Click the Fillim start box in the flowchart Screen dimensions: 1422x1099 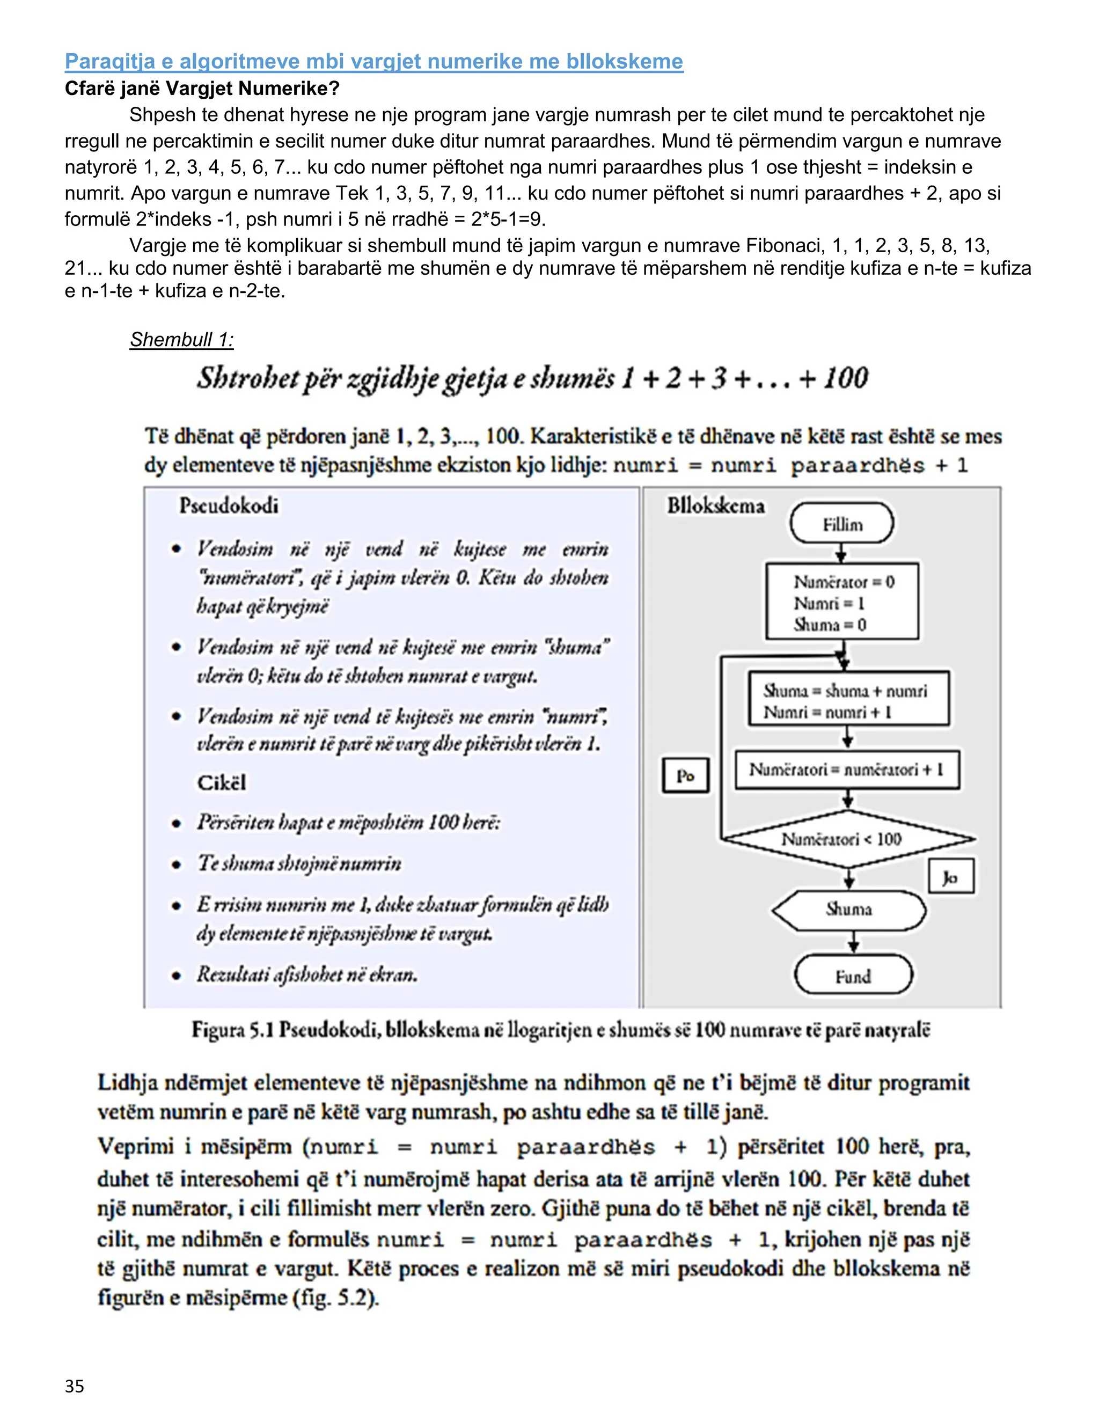click(x=842, y=524)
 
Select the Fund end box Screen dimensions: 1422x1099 click(x=853, y=976)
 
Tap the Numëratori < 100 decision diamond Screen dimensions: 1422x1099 click(x=847, y=839)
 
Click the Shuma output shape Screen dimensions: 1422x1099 click(x=848, y=909)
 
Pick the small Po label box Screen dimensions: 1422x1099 click(x=685, y=775)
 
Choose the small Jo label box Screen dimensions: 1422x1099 click(x=950, y=877)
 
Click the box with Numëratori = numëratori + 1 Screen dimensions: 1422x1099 click(x=846, y=769)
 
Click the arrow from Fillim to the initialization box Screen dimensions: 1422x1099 click(x=841, y=553)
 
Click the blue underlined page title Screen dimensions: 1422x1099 click(x=373, y=61)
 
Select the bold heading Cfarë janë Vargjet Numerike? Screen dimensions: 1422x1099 click(x=202, y=88)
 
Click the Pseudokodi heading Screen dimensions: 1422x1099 click(x=229, y=506)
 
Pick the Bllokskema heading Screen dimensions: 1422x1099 click(x=715, y=506)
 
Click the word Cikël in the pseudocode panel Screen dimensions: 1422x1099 click(x=222, y=782)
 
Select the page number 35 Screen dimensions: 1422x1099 click(x=74, y=1386)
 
